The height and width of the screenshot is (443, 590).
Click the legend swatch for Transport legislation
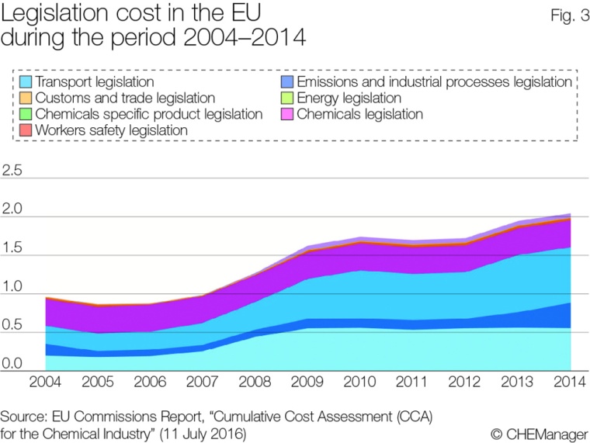click(26, 81)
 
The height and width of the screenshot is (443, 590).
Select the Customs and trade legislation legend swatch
click(26, 98)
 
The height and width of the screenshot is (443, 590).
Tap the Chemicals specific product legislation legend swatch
click(26, 114)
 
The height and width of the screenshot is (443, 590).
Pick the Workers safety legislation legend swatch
click(26, 130)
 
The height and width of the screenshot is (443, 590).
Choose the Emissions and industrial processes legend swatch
click(287, 81)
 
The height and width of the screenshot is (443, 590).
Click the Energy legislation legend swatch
click(287, 98)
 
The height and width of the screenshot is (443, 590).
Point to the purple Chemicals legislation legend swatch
click(287, 114)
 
